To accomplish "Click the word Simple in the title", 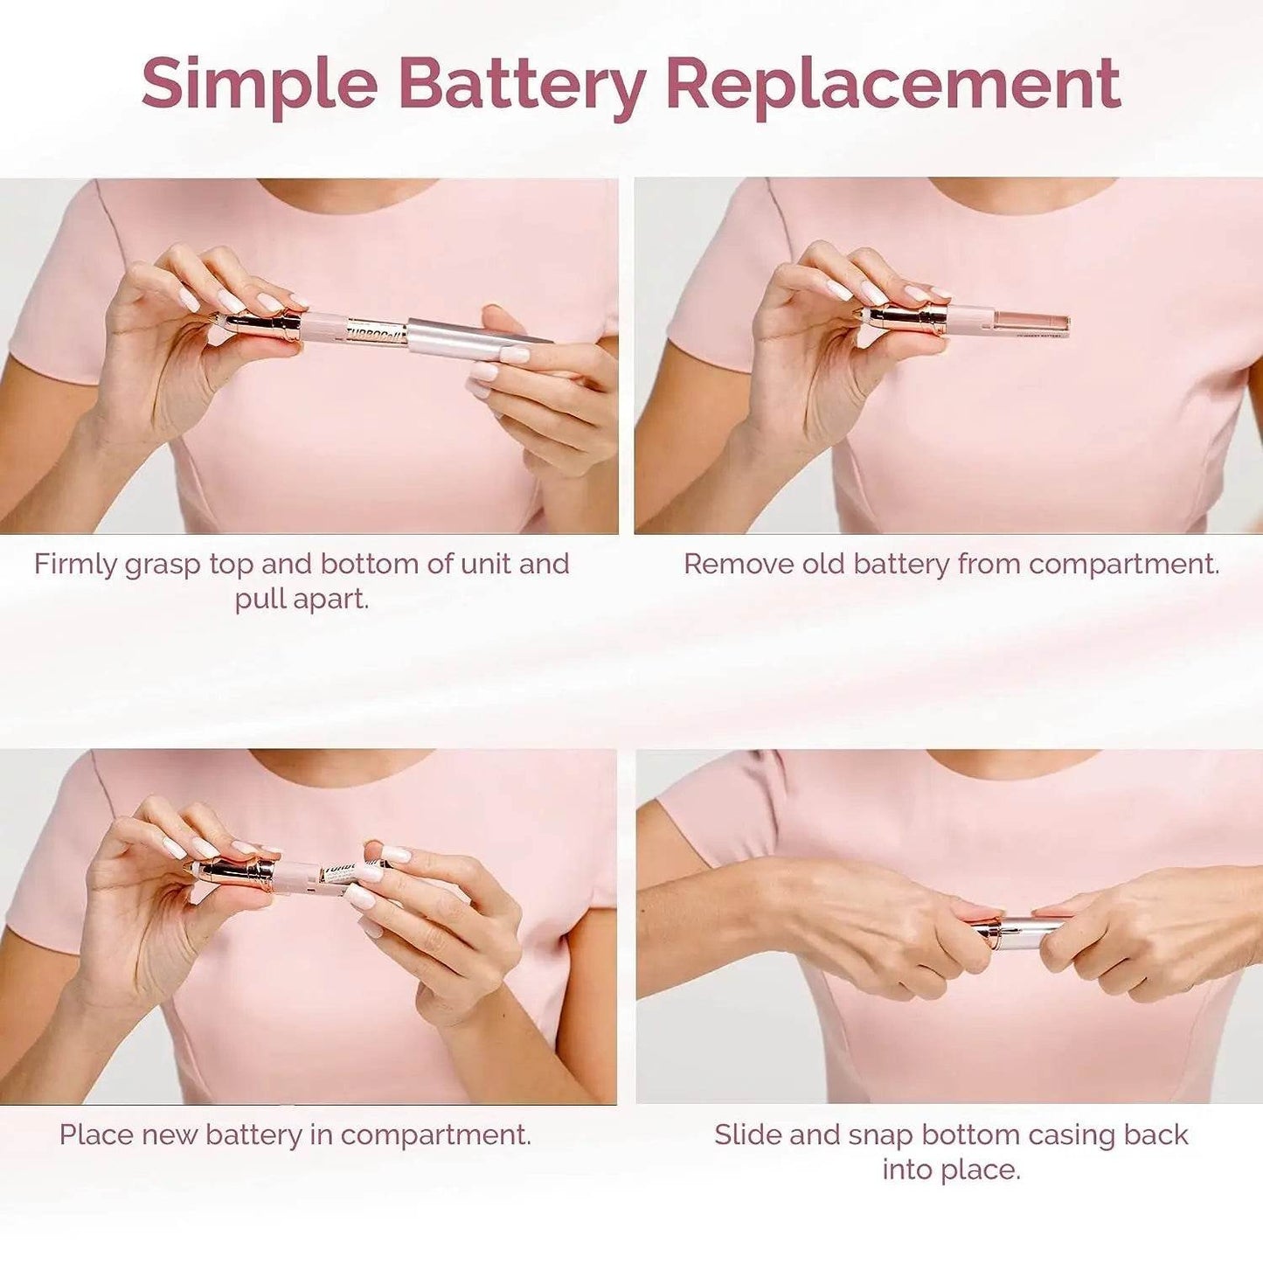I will pos(259,84).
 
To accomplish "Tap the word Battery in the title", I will pos(522,84).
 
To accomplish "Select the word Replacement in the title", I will pos(892,84).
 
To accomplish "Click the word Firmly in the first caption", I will pos(76,565).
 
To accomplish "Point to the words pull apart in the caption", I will pos(302,600).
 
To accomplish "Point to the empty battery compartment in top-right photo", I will pos(1031,323).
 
